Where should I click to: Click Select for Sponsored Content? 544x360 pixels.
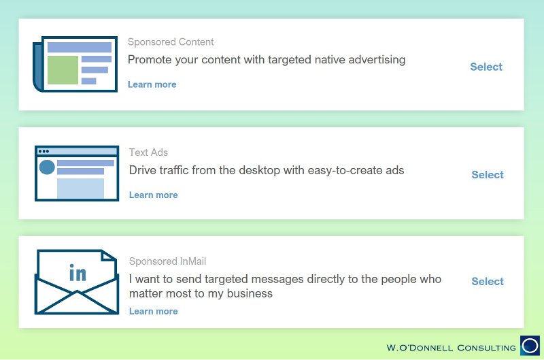pyautogui.click(x=486, y=67)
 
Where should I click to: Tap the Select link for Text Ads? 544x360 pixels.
pyautogui.click(x=488, y=175)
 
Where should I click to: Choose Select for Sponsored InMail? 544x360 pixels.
pyautogui.click(x=488, y=281)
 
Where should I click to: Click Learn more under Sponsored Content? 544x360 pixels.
pyautogui.click(x=152, y=84)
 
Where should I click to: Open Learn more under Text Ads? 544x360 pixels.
pyautogui.click(x=154, y=195)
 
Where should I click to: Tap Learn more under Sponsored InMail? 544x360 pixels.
pyautogui.click(x=154, y=312)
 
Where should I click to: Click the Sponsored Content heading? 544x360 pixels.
pyautogui.click(x=171, y=42)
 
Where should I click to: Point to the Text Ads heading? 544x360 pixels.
pyautogui.click(x=148, y=152)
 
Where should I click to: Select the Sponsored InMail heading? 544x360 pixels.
pyautogui.click(x=167, y=261)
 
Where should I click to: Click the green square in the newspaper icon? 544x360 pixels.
pyautogui.click(x=63, y=70)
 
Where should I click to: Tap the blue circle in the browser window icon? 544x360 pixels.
pyautogui.click(x=47, y=167)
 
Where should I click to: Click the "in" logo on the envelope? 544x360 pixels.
pyautogui.click(x=78, y=272)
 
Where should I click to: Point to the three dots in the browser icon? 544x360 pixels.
pyautogui.click(x=44, y=151)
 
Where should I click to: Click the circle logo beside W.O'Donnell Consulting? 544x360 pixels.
pyautogui.click(x=530, y=346)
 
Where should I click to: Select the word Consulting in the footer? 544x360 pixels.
pyautogui.click(x=486, y=348)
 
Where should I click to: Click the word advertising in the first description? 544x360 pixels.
pyautogui.click(x=377, y=60)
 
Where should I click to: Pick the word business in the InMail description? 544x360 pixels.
pyautogui.click(x=250, y=294)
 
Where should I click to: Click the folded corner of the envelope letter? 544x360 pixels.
pyautogui.click(x=107, y=256)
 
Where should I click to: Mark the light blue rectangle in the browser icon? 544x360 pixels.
pyautogui.click(x=80, y=189)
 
